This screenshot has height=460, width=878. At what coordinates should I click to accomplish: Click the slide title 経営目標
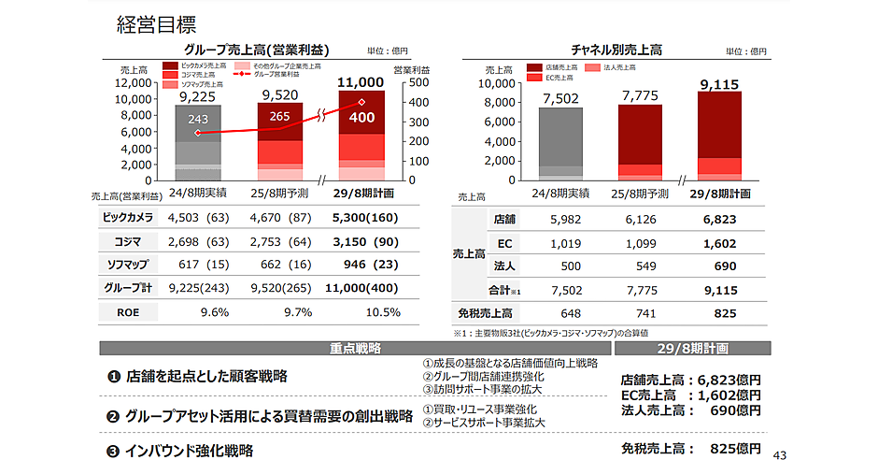click(x=156, y=24)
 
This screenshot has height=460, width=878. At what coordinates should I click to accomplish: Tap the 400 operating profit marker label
click(x=361, y=119)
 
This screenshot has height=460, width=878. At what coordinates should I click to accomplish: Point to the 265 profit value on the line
click(x=279, y=117)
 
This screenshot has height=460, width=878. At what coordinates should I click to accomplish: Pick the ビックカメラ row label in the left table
click(x=127, y=218)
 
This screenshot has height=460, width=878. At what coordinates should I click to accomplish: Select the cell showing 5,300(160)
click(x=364, y=218)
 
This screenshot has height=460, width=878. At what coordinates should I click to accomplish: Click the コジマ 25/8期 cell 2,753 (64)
click(x=280, y=241)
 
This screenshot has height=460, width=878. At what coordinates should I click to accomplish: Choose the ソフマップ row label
click(x=127, y=265)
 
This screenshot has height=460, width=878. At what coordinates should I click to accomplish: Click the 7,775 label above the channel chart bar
click(x=640, y=95)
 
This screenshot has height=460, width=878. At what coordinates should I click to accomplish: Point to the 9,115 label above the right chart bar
click(x=718, y=85)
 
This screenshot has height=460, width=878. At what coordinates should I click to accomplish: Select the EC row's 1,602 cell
click(x=718, y=243)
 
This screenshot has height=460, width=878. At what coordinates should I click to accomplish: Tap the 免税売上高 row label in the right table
click(x=486, y=313)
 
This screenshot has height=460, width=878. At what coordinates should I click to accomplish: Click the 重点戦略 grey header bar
click(x=355, y=348)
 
